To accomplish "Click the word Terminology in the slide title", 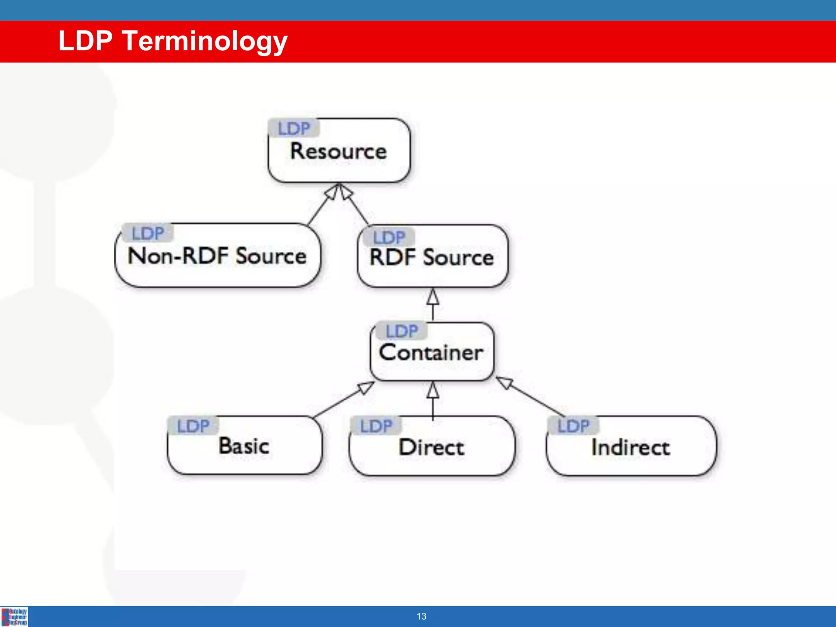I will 205,42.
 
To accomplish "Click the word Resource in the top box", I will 338,151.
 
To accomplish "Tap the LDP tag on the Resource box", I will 294,129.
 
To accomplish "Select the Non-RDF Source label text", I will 217,256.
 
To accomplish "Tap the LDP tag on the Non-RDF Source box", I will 148,233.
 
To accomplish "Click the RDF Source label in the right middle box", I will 431,258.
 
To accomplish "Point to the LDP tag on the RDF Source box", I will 389,238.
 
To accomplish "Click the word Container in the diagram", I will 431,353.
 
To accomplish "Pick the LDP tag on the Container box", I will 402,331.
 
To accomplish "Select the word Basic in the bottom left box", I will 244,446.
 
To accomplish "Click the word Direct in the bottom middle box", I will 431,447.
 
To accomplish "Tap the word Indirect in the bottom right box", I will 631,447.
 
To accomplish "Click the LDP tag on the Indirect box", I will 574,426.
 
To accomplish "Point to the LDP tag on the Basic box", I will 193,426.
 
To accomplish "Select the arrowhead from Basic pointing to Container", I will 365,387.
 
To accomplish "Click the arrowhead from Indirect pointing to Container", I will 505,382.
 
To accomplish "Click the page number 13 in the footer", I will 421,616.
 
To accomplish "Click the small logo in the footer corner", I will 14,617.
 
